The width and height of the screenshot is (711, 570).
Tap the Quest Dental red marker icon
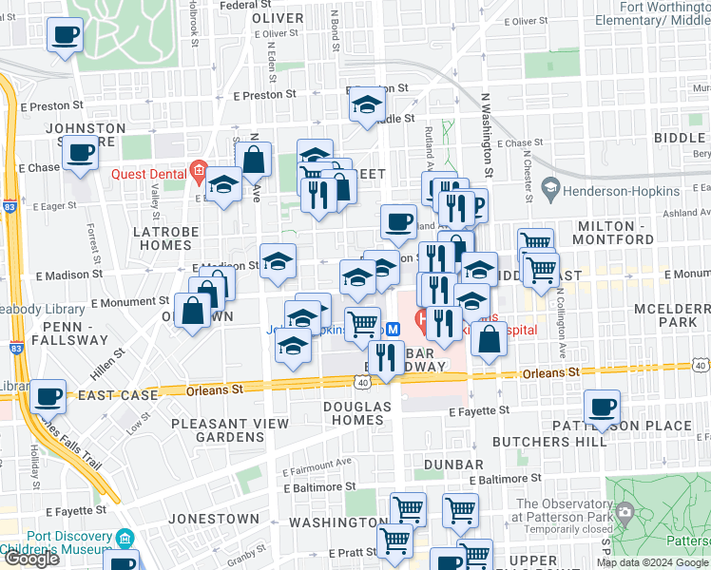198,173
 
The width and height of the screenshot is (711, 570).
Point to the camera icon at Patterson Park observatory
625,513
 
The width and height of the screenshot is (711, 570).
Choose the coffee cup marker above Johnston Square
66,35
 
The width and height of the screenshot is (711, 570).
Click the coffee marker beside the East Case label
48,395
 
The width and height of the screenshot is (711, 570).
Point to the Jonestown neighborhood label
214,520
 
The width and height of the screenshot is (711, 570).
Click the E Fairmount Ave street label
317,463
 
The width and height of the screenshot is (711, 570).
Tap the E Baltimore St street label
505,478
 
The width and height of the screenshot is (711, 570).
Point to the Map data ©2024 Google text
652,563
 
